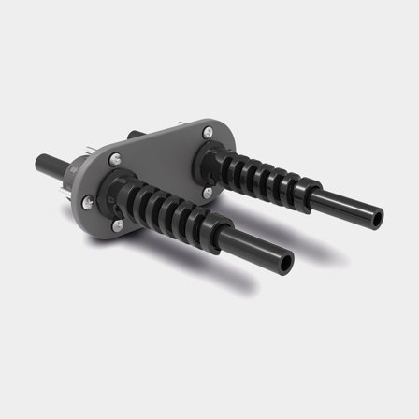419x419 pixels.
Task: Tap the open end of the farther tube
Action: coord(375,218)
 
